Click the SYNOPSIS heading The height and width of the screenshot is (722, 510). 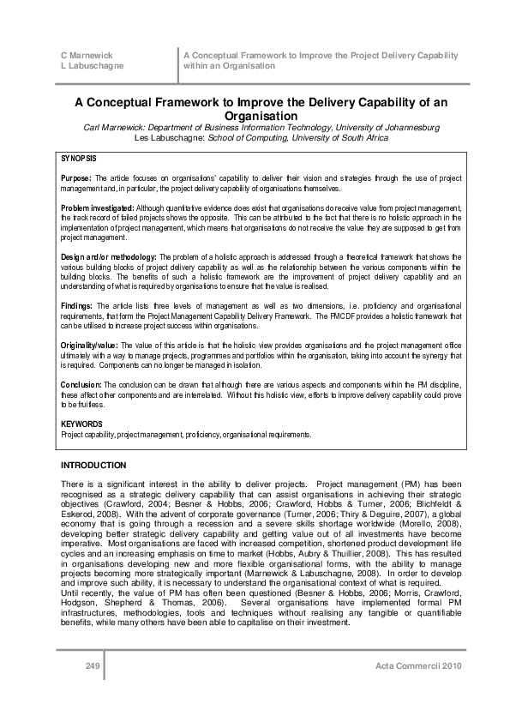(79, 159)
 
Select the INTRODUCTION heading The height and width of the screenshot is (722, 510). (93, 465)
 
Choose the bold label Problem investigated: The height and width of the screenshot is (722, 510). (98, 208)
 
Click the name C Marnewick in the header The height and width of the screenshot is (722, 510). (81, 55)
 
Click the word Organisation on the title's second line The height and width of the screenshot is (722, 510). (255, 115)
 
